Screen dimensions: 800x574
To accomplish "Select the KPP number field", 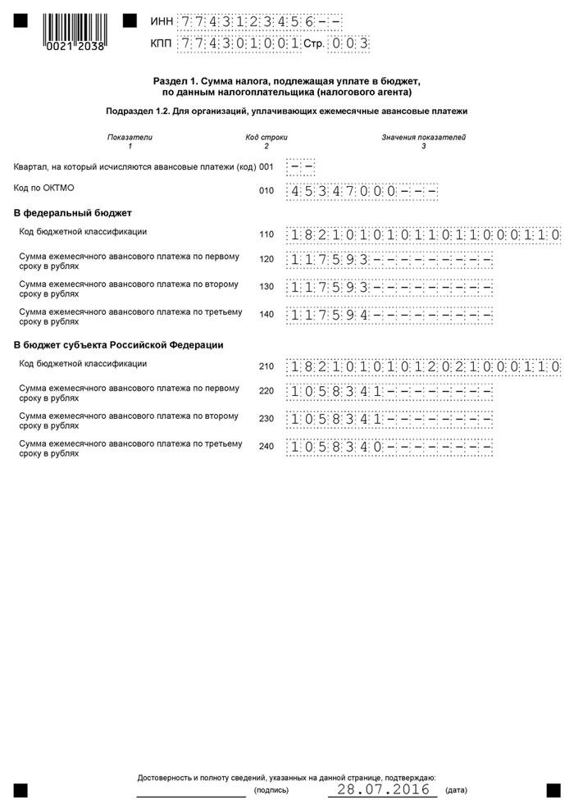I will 239,43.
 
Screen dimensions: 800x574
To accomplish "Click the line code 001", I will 266,166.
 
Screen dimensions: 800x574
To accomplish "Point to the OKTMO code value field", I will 361,191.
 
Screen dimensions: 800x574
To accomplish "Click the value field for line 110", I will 423,234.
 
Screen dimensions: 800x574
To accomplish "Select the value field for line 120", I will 389,261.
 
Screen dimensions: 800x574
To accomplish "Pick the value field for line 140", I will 389,314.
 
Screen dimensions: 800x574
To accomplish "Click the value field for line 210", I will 423,366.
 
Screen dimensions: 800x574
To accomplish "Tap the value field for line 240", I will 389,448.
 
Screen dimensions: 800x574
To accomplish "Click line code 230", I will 266,418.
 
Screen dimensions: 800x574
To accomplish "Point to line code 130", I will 266,287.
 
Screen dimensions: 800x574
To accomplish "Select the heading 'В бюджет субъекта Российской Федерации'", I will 119,345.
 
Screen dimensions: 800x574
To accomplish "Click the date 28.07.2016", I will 379,789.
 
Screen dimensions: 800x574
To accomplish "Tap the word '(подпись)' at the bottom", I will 271,791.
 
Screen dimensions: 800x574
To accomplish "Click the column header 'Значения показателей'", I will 423,137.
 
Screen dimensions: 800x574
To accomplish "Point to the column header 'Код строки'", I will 266,137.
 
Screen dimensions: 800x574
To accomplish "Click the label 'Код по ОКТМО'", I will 44,188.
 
